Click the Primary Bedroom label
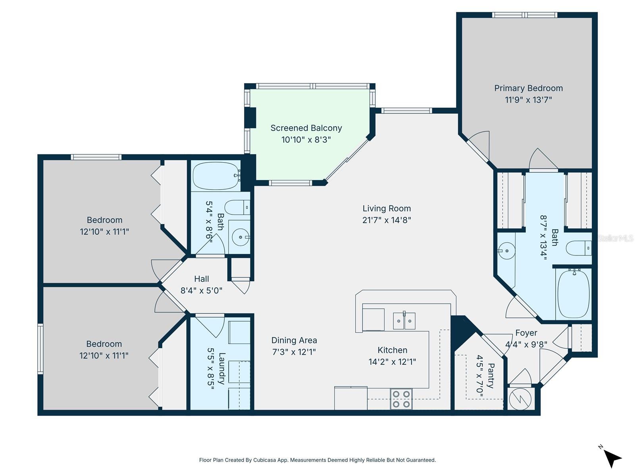[x=528, y=88]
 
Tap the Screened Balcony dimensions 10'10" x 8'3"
[x=306, y=140]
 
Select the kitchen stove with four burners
[x=401, y=399]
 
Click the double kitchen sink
[x=404, y=321]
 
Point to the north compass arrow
[x=613, y=459]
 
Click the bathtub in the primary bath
[x=574, y=294]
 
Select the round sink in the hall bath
[x=240, y=238]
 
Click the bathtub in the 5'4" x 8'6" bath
[x=216, y=176]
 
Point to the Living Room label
[x=387, y=209]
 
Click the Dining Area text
[x=294, y=340]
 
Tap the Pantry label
[x=491, y=376]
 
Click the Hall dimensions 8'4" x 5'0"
[x=201, y=290]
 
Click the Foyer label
[x=526, y=333]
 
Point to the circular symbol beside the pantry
[x=520, y=399]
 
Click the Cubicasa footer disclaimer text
[x=317, y=460]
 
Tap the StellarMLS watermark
[x=616, y=238]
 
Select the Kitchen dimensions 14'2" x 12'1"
[x=392, y=362]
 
